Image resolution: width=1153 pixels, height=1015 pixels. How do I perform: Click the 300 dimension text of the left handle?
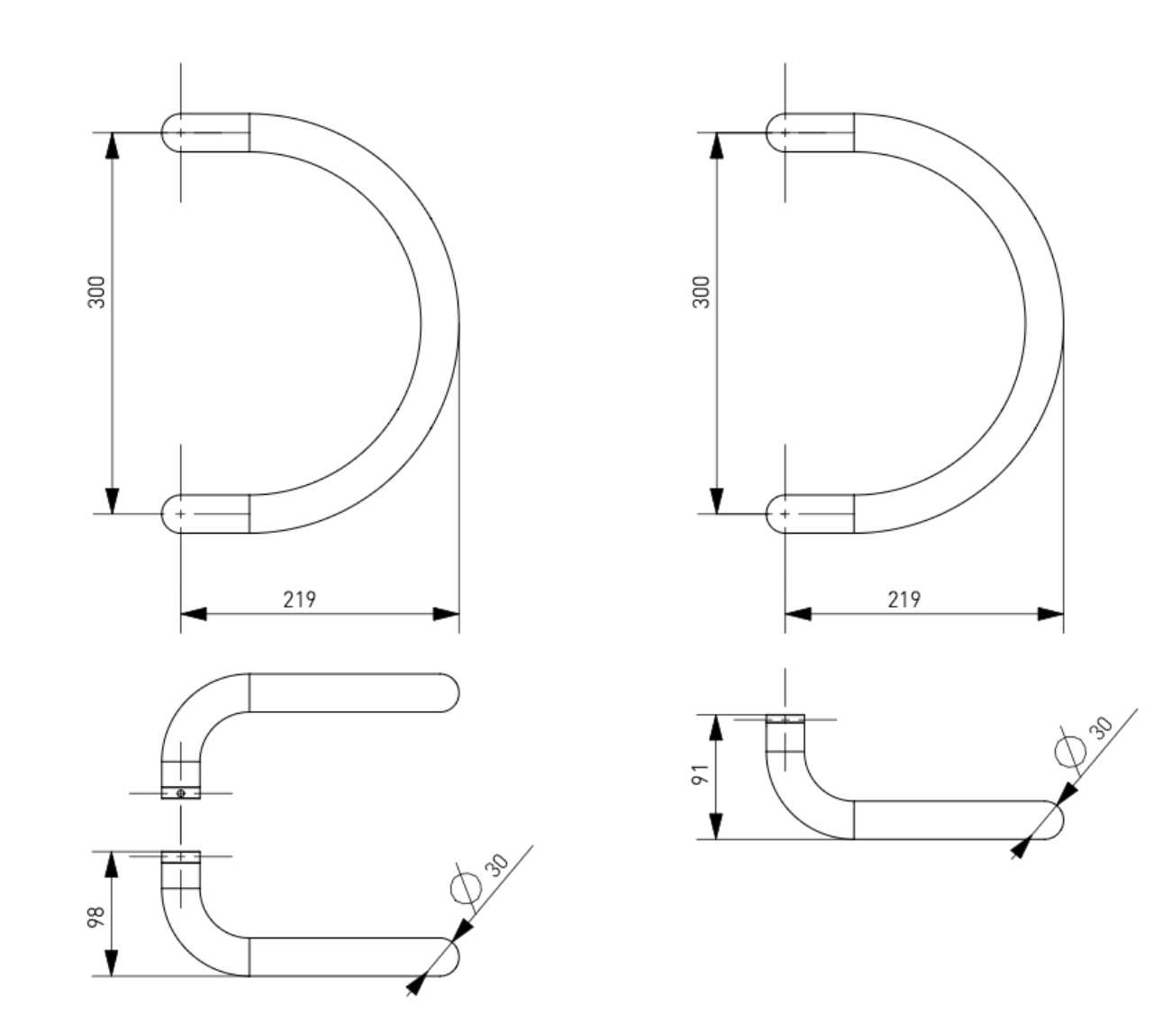[96, 292]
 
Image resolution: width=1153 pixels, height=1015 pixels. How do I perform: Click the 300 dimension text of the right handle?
[701, 292]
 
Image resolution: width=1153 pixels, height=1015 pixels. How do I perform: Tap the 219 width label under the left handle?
[299, 599]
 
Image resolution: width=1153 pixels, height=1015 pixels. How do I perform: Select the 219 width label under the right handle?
[903, 599]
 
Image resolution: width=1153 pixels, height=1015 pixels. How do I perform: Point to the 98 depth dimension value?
[96, 917]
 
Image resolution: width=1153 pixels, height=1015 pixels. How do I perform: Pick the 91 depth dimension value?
[701, 774]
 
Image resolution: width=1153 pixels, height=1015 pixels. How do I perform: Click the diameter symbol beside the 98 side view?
[466, 888]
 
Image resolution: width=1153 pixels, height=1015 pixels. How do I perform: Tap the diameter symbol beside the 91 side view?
[1070, 751]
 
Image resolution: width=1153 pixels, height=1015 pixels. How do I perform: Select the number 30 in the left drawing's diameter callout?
[497, 864]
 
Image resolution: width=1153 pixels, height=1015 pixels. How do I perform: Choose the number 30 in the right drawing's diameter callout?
[1103, 728]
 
